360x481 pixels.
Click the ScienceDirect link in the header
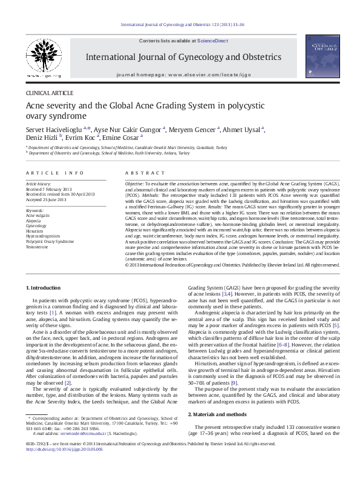tap(213, 40)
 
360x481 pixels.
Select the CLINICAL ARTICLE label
tap(50, 93)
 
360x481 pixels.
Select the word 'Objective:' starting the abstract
tap(134, 182)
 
